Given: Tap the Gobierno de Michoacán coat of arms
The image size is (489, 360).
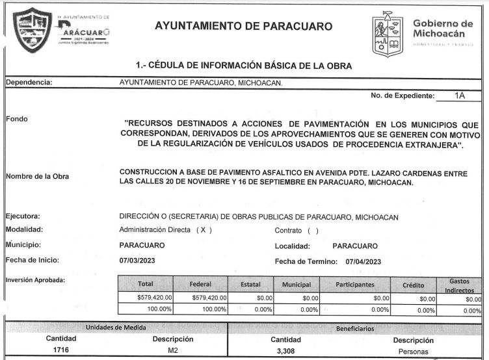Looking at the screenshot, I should pos(389,34).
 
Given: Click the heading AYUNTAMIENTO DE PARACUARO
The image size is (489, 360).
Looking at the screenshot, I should pos(244,27).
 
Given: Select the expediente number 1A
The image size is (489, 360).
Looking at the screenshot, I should pos(460,96).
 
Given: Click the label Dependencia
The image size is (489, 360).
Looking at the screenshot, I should pos(29,83).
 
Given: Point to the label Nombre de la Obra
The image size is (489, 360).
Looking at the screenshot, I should pos(37,177).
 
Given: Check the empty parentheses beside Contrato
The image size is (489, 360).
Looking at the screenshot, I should pos(313,230).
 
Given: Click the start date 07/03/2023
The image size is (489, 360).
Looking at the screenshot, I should pos(137,261).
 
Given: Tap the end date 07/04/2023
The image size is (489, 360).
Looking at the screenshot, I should pos(363,261).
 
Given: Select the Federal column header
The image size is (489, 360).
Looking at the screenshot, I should pos(200,285).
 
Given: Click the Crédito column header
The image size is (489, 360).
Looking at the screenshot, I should pos(414,285).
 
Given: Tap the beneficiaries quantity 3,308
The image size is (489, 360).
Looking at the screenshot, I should pos(285,351).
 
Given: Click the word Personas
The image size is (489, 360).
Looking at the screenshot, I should pos(413,352).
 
